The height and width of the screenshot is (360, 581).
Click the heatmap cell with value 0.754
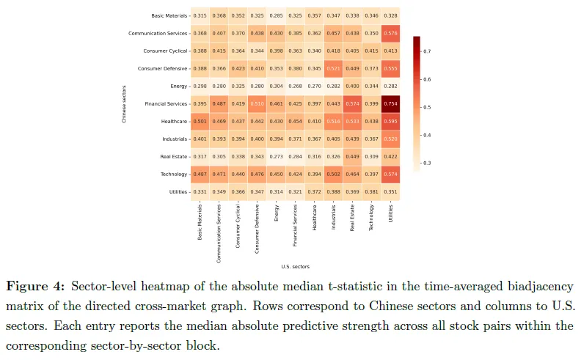(x=390, y=103)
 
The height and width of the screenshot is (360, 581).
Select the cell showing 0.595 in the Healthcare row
(x=390, y=121)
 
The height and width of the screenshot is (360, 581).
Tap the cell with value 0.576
(x=390, y=33)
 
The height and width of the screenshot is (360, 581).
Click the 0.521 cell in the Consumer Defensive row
(x=333, y=68)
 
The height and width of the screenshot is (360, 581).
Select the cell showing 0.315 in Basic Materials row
(x=200, y=15)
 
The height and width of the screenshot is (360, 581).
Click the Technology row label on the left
(x=169, y=174)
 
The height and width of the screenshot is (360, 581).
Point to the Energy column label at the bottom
(x=276, y=213)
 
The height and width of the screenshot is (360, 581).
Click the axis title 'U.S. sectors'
(x=295, y=266)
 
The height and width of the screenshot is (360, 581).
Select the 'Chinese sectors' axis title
(x=124, y=103)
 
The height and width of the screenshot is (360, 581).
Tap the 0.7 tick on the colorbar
(x=427, y=51)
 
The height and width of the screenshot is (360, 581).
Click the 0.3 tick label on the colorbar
(x=427, y=163)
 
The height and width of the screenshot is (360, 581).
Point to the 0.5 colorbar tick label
(x=427, y=107)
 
